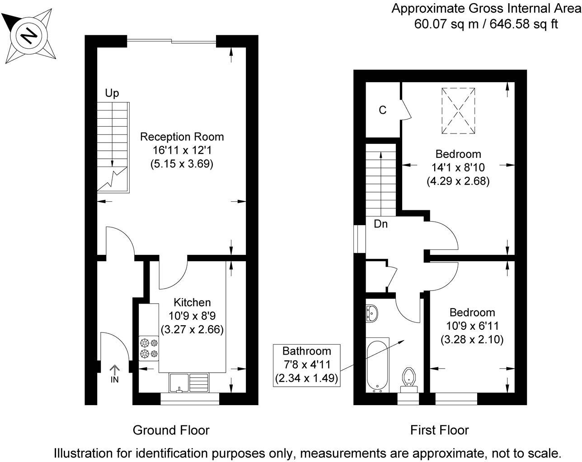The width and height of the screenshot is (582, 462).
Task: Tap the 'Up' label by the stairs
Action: click(112, 93)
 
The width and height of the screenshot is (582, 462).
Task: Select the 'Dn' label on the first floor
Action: click(380, 224)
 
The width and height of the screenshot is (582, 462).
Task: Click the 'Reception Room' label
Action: click(182, 137)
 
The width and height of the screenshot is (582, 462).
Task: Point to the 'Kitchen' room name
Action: click(192, 303)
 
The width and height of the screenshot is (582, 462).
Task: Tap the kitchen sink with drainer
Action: click(189, 382)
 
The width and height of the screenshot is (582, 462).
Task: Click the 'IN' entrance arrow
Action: click(115, 374)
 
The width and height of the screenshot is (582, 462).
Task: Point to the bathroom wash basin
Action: click(372, 312)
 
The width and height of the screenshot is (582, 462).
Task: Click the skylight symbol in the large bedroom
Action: click(458, 111)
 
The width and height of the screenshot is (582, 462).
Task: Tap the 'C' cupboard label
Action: click(383, 110)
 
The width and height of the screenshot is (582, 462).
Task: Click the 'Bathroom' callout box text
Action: click(307, 351)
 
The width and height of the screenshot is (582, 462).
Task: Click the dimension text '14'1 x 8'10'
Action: click(458, 167)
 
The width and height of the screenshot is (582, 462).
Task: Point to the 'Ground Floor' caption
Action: click(171, 430)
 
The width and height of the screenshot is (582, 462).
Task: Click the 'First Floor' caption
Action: click(439, 430)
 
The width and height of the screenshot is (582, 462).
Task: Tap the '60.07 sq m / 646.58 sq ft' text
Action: click(486, 24)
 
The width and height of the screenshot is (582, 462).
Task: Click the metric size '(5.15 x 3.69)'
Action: click(182, 164)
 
